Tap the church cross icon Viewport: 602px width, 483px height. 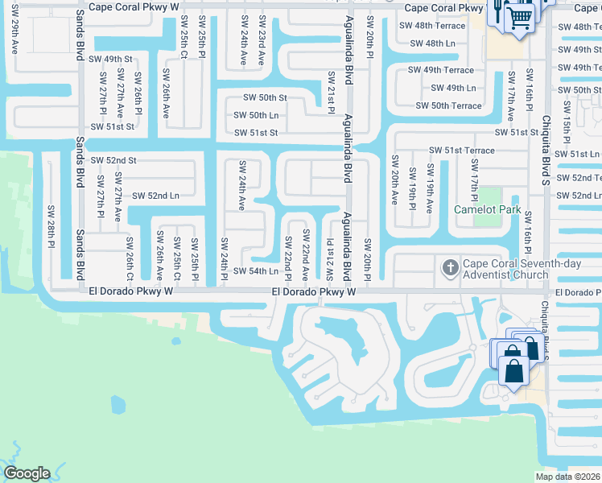449,266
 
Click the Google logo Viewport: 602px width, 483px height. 27,473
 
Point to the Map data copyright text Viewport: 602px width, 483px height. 567,477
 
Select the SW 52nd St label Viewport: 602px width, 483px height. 113,161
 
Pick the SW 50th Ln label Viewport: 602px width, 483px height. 256,115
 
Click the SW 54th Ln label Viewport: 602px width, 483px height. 256,271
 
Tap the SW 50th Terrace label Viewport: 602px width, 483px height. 448,105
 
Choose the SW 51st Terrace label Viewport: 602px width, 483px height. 461,151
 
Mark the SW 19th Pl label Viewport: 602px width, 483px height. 412,186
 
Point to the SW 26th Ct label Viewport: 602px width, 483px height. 130,257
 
